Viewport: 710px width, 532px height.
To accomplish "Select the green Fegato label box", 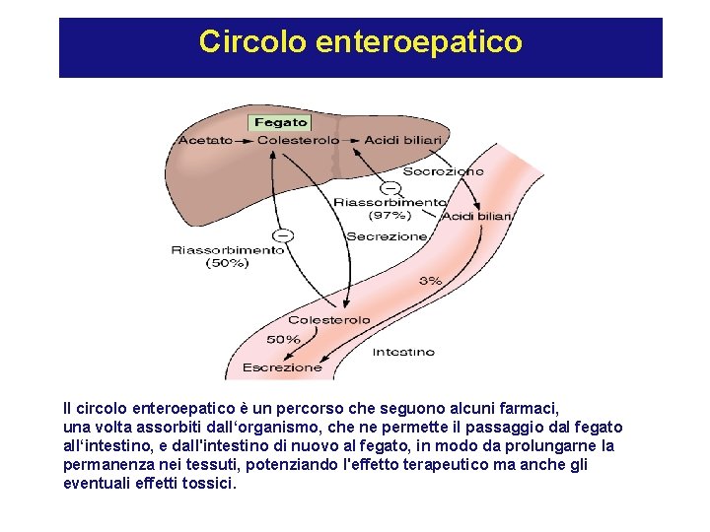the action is [x=281, y=123].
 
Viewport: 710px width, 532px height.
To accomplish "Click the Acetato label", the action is [x=205, y=140].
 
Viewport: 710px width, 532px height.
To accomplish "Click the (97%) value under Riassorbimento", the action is [x=390, y=215].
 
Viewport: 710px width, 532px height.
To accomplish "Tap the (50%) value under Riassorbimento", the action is [x=228, y=263].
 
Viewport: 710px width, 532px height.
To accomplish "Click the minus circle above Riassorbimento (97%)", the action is [x=390, y=187].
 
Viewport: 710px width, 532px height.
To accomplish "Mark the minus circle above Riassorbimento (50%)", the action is [x=284, y=234].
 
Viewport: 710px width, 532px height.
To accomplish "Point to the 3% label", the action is [x=430, y=281].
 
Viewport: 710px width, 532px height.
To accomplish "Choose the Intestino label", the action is [x=403, y=351].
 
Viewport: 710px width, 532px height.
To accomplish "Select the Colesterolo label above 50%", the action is [x=329, y=319].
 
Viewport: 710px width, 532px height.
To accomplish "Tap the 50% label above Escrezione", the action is [x=284, y=339].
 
